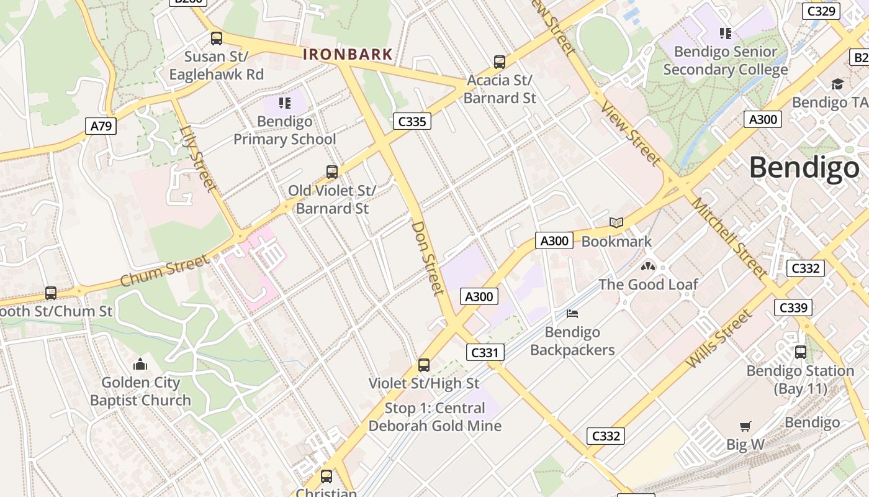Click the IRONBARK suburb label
click(x=348, y=55)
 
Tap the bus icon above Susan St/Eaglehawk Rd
click(x=216, y=39)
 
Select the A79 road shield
click(x=101, y=127)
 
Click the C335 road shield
click(x=412, y=121)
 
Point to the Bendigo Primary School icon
click(x=285, y=103)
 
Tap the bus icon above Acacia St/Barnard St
click(x=500, y=62)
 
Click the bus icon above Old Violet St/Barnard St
click(x=332, y=172)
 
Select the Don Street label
click(x=428, y=258)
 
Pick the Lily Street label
click(x=199, y=158)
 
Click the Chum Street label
click(x=164, y=271)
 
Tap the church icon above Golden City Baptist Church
click(x=140, y=364)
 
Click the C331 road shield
click(x=485, y=353)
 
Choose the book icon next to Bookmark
click(x=616, y=222)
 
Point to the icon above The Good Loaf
click(x=648, y=267)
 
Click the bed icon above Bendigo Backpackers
click(x=572, y=314)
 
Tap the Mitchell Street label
click(x=729, y=238)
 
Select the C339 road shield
click(x=793, y=308)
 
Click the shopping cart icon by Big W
click(x=745, y=426)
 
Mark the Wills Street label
click(x=719, y=339)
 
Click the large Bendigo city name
click(x=804, y=168)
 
